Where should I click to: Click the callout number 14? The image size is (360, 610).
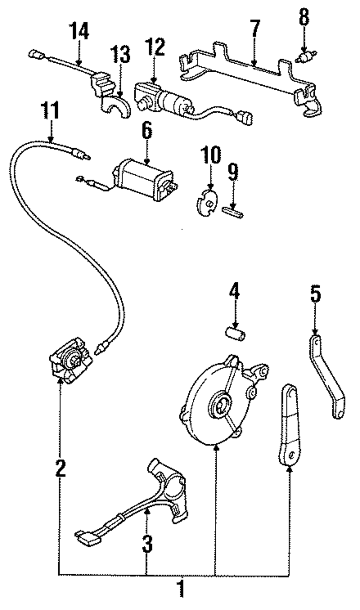(78, 31)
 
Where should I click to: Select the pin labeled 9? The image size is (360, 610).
(233, 212)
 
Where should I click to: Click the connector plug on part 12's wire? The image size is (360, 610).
(245, 118)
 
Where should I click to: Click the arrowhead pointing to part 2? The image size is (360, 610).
(60, 381)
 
